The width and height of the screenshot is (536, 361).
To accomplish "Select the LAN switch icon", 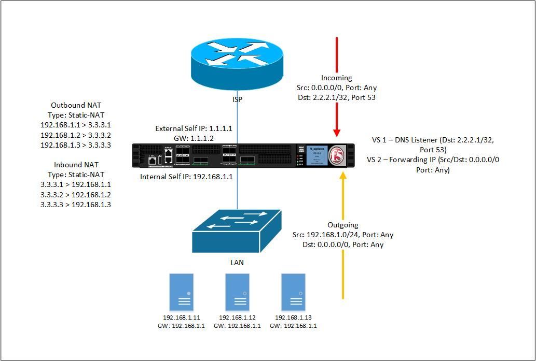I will coord(237,230).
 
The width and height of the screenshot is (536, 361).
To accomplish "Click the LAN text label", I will coord(237,263).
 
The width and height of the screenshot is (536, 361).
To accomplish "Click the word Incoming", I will coord(336,78).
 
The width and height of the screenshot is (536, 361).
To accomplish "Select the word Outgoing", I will coord(343,225).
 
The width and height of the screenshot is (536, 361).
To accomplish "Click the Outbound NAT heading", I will coord(76,105).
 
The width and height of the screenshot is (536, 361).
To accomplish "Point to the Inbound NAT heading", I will coord(76,165).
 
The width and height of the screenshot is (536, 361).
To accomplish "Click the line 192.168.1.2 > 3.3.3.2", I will coord(76,135).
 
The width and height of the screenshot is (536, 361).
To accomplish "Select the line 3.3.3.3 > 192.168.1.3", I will coord(76,205).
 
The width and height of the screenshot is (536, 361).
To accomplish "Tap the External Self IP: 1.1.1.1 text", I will coord(194,128).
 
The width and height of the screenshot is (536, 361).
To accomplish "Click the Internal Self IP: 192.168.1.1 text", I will coord(187,177).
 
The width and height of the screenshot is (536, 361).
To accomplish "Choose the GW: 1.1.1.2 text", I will coord(194,138).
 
